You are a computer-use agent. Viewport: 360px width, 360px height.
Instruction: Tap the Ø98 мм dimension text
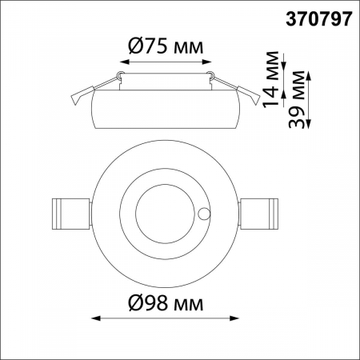pyautogui.click(x=166, y=305)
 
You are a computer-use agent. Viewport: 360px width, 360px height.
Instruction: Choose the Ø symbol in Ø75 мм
pyautogui.click(x=138, y=44)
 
